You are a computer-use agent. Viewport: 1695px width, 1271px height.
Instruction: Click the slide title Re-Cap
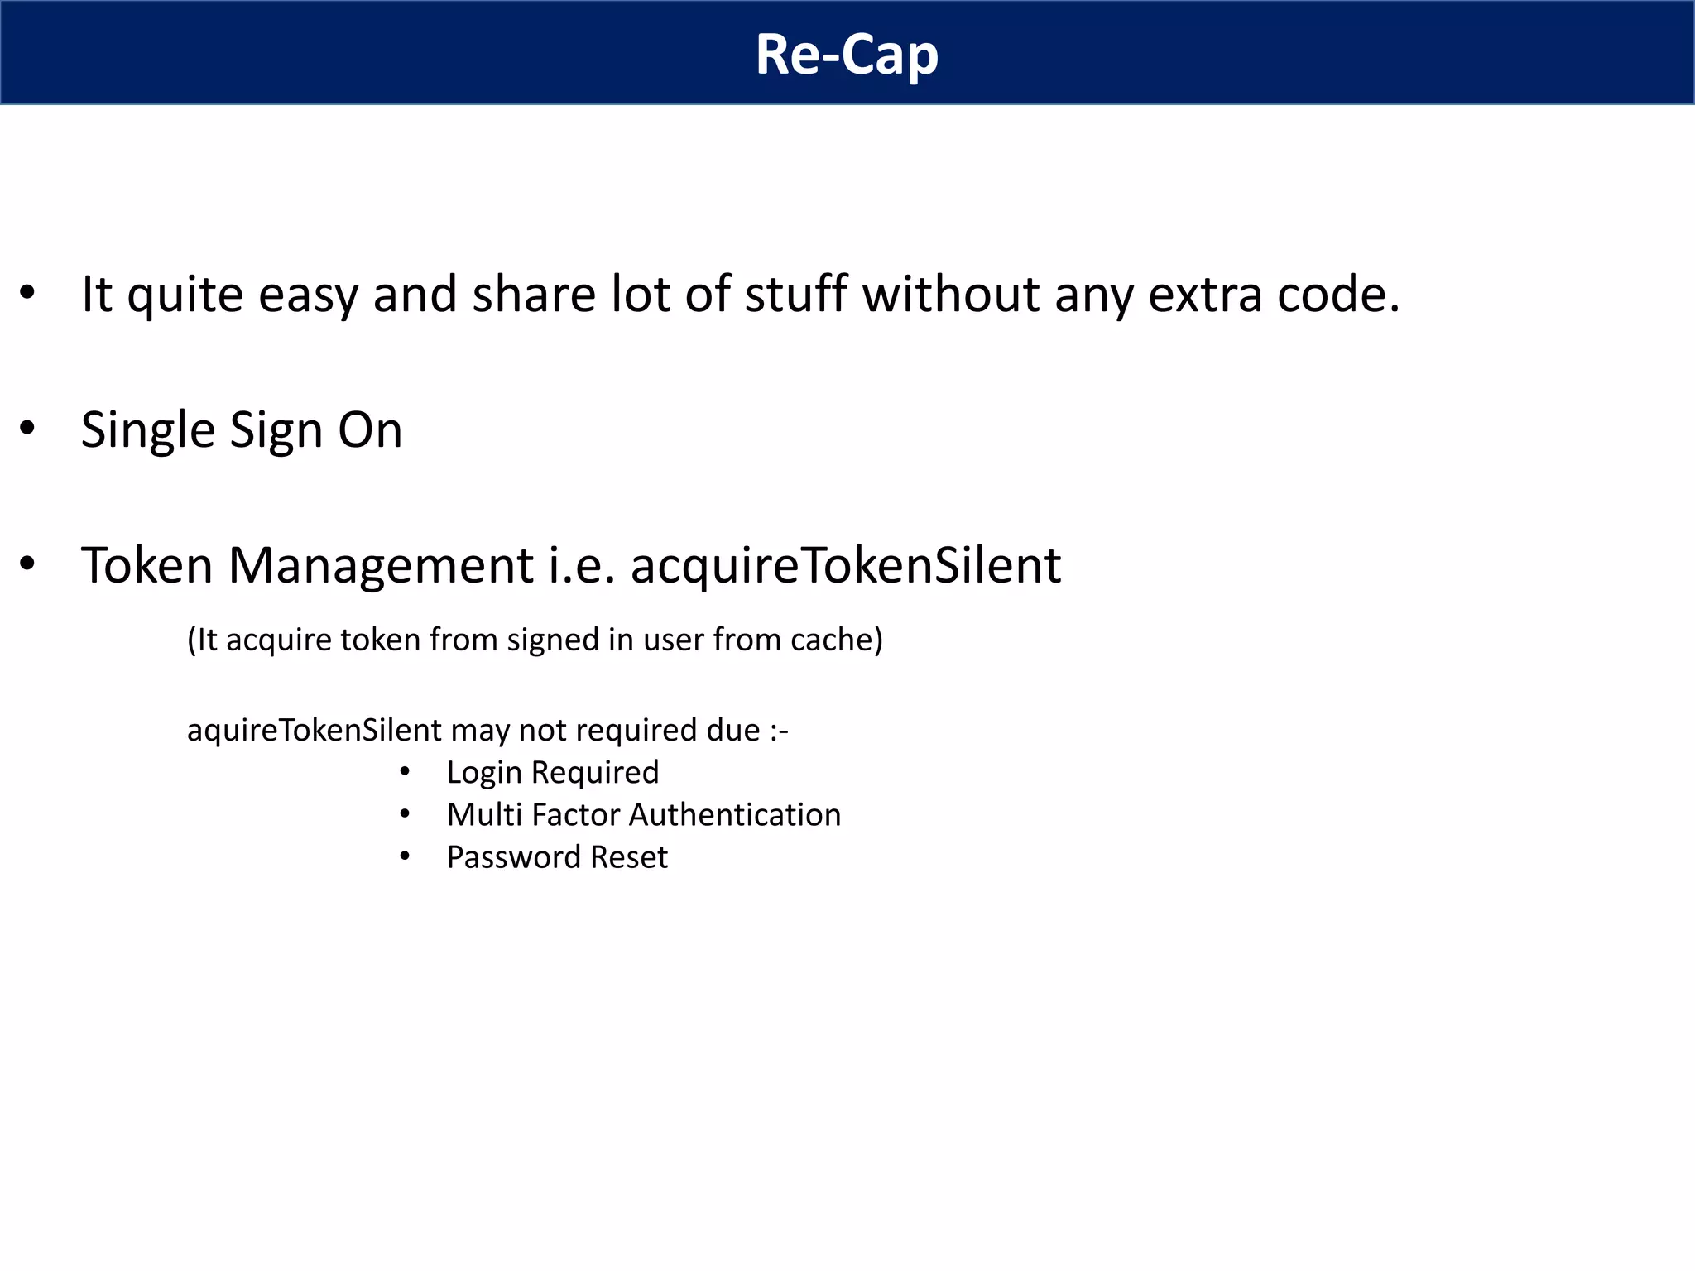coord(847,55)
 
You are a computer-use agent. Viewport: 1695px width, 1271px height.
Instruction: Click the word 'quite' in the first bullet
coord(185,295)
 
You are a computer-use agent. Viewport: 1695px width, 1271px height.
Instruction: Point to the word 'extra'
coord(1205,295)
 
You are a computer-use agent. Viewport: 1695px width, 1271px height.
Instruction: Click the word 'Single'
coord(148,431)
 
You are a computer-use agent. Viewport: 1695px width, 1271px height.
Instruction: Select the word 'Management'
coord(380,567)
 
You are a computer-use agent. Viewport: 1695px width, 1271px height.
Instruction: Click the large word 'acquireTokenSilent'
coord(845,567)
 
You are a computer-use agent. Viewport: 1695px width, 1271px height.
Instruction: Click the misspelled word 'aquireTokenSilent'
coord(315,731)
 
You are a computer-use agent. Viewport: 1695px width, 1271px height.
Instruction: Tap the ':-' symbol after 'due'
coord(778,731)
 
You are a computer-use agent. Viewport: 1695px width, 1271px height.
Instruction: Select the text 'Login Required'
coord(553,773)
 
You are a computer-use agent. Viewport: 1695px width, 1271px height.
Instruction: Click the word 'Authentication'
coord(735,815)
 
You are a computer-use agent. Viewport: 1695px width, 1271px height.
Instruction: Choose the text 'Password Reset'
coord(557,857)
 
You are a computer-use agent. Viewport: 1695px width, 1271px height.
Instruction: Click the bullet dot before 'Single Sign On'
coord(27,429)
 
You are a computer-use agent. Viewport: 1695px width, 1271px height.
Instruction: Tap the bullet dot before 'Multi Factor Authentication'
coord(405,814)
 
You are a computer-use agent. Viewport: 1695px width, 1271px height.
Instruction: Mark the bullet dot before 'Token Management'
coord(27,564)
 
